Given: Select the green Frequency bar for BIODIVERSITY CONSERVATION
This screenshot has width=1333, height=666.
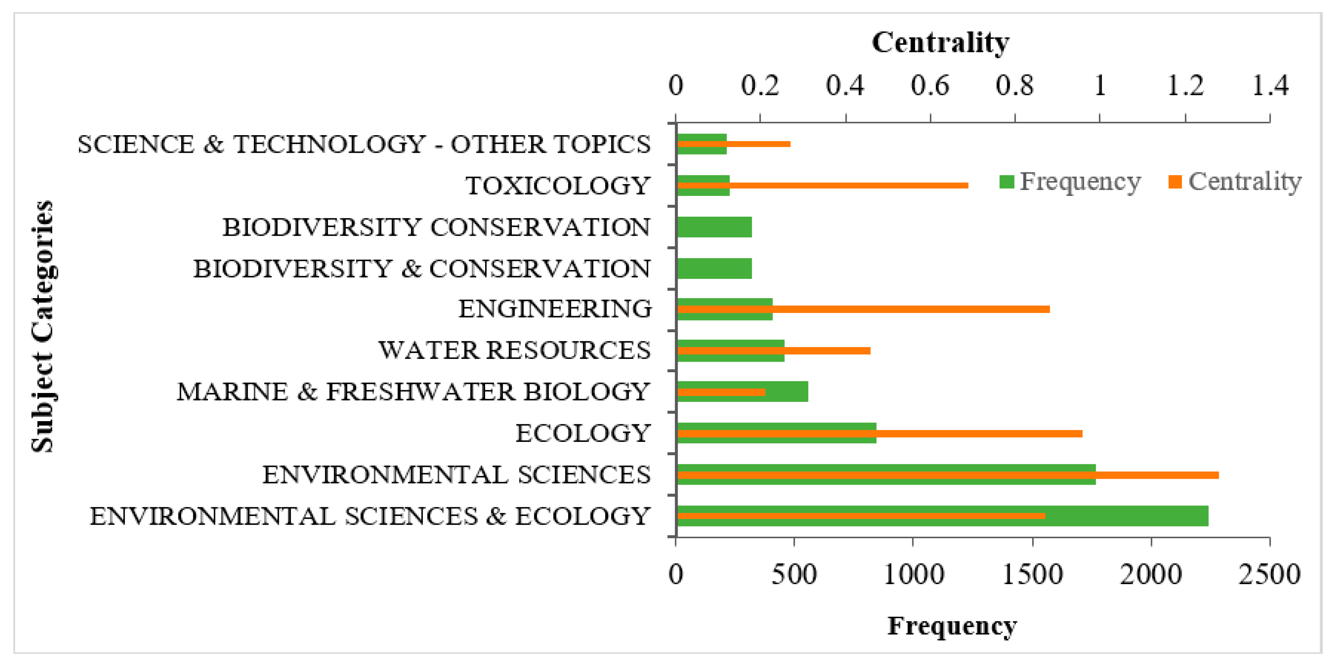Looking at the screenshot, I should (714, 227).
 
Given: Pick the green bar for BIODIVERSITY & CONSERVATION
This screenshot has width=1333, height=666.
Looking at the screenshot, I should (714, 268).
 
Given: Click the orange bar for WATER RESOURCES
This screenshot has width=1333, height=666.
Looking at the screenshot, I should (828, 351).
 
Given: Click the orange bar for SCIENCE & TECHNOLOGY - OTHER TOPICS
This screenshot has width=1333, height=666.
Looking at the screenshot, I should (761, 144).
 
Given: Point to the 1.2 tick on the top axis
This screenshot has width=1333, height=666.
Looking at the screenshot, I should (1186, 85).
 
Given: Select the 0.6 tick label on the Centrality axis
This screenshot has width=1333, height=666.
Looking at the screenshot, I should (930, 85).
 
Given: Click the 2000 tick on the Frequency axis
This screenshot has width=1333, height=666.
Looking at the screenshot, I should (1151, 574).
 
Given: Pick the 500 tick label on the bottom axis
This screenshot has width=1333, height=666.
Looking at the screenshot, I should (794, 574).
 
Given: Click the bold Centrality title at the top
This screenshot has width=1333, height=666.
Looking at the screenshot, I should (940, 42).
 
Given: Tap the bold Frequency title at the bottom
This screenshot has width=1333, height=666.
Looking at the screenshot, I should (952, 626).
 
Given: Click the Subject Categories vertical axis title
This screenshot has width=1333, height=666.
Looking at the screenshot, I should (42, 327).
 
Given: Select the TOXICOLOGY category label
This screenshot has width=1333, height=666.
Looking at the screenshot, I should (558, 186).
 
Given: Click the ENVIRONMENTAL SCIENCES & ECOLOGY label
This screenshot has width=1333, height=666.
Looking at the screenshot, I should (370, 516).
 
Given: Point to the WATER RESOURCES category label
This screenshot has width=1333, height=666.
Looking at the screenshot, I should (515, 351).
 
